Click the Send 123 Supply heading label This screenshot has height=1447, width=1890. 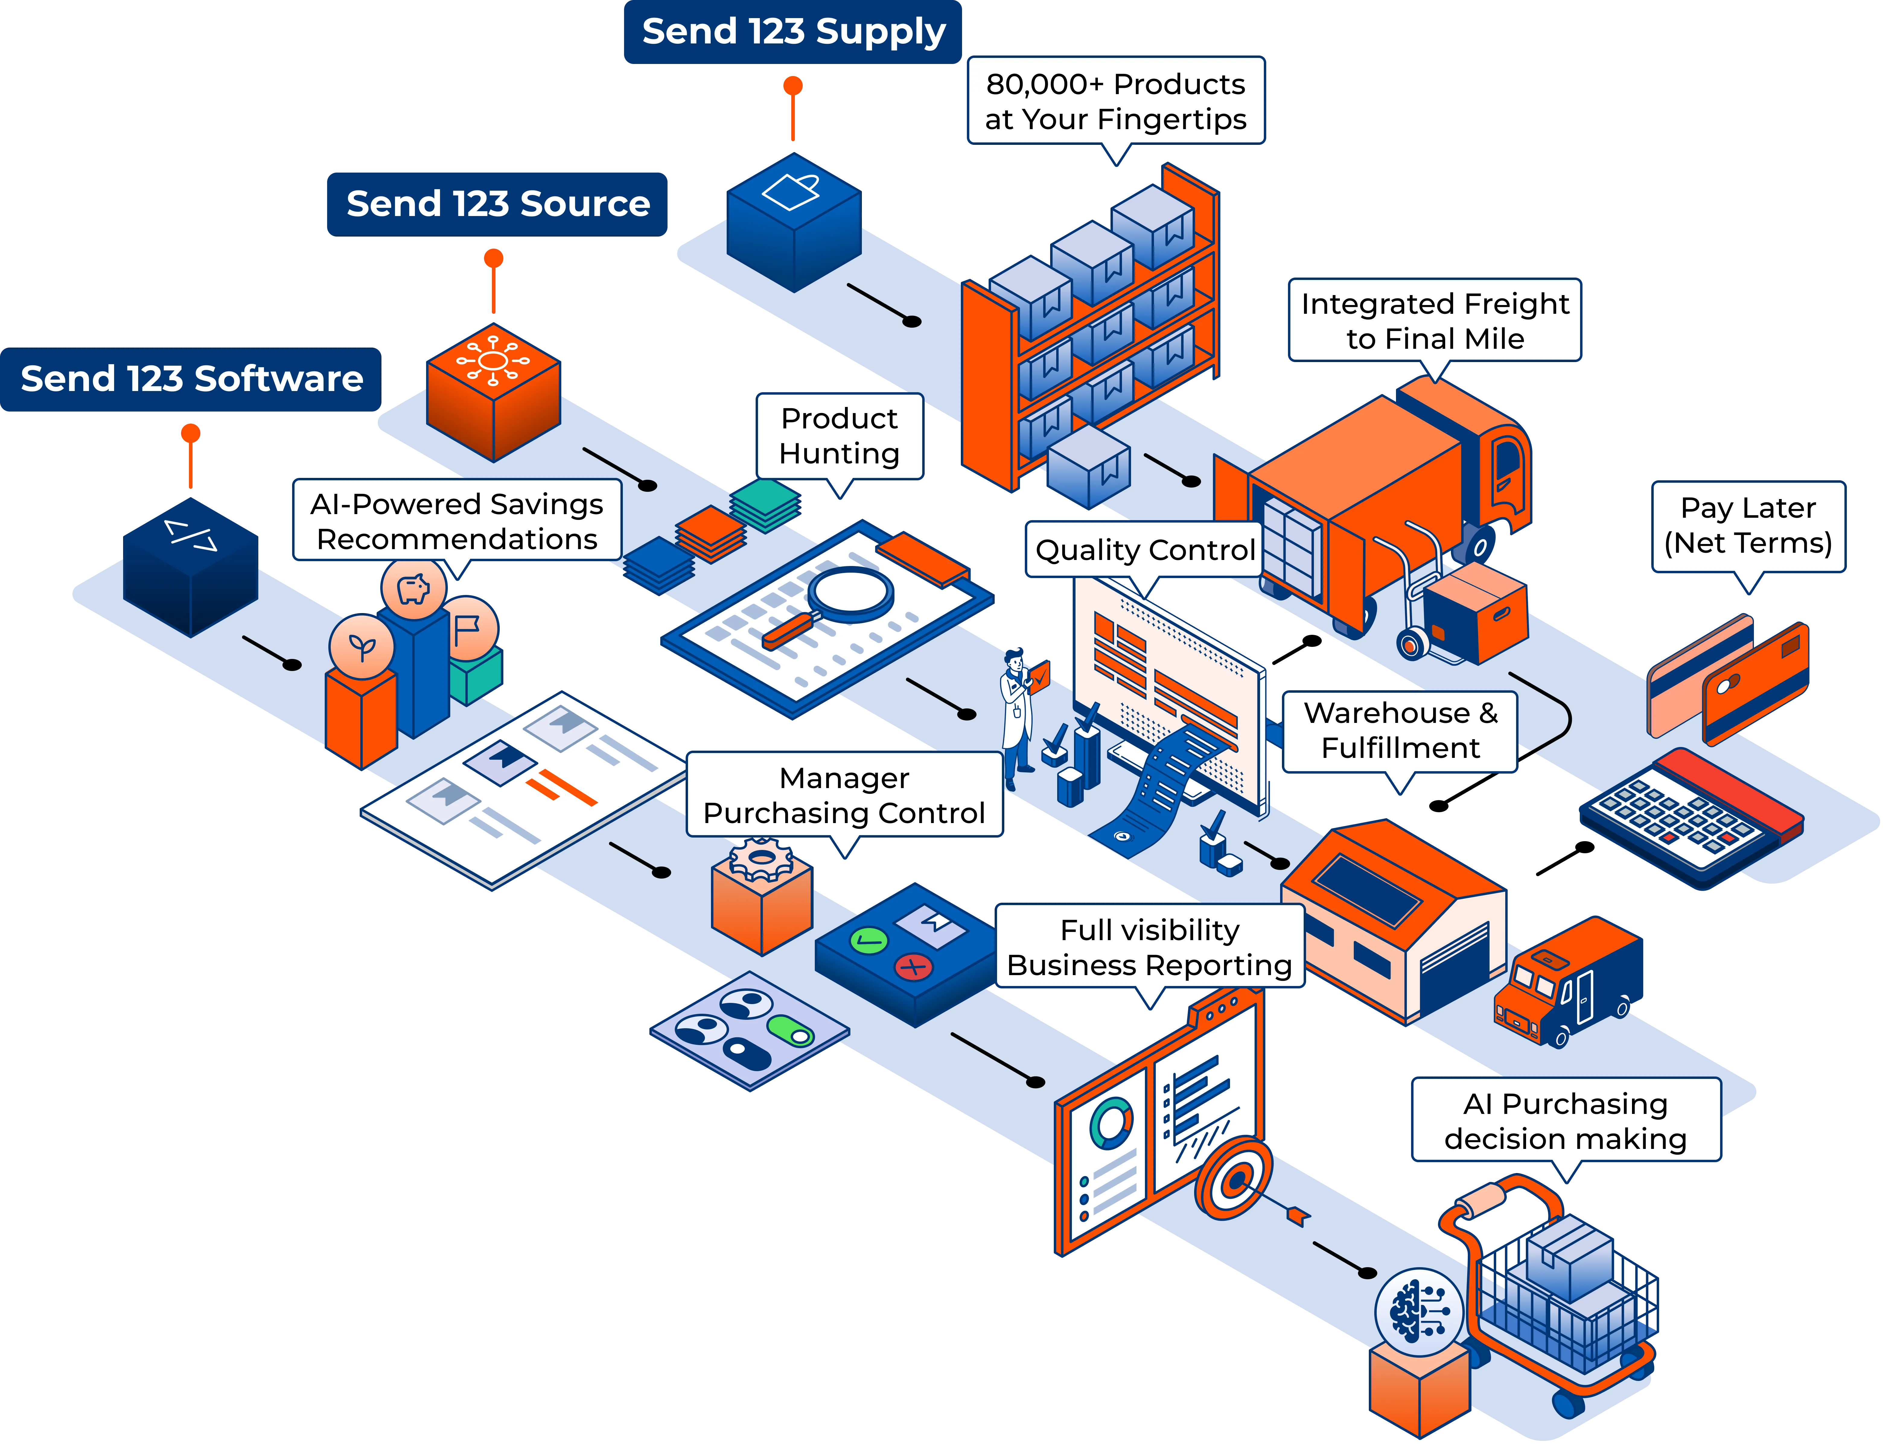[792, 32]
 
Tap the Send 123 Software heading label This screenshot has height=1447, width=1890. [191, 379]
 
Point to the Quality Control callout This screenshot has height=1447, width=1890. [1144, 549]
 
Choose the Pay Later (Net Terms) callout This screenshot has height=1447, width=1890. [1748, 525]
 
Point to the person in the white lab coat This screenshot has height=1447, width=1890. [1016, 715]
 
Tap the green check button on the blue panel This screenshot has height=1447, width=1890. [868, 940]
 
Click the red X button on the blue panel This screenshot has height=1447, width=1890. [913, 967]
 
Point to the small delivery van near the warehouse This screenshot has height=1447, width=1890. [1568, 982]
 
